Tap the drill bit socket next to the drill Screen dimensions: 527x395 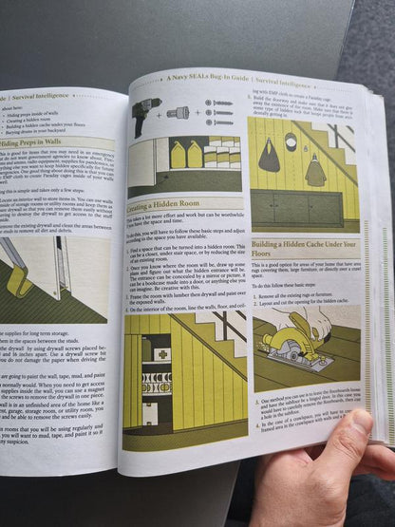click(x=177, y=111)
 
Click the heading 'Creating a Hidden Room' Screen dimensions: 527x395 click(x=165, y=205)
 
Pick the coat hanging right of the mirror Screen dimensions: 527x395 click(x=315, y=169)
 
